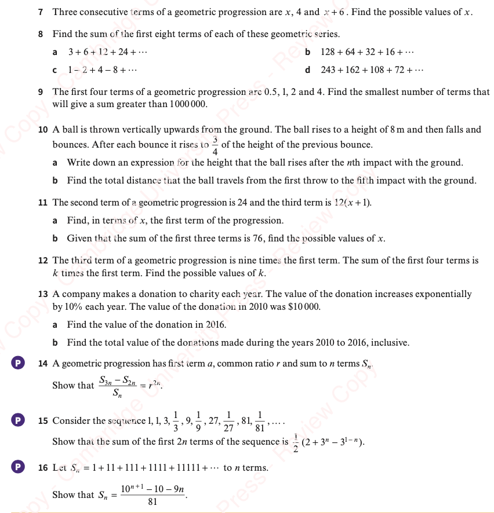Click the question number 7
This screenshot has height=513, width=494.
click(x=41, y=12)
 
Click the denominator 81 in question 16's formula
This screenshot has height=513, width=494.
click(x=152, y=502)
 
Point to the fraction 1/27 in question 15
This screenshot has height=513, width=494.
click(x=227, y=422)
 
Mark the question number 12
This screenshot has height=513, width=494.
click(x=42, y=261)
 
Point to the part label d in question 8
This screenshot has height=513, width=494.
click(x=307, y=70)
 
